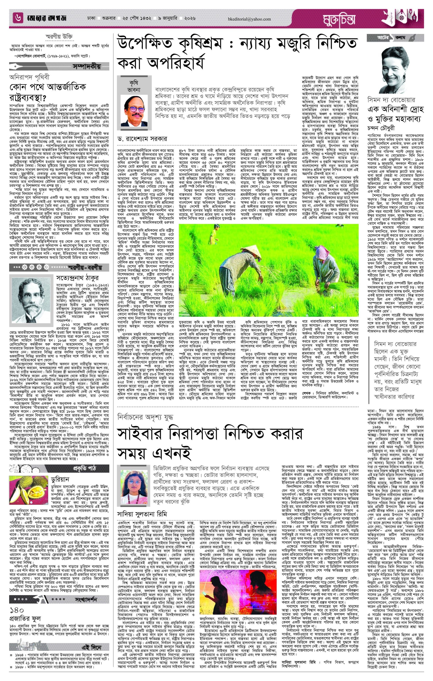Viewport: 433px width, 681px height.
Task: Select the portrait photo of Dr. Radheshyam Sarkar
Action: pos(132,110)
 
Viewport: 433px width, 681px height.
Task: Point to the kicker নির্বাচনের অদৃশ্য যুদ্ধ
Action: pos(146,417)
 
